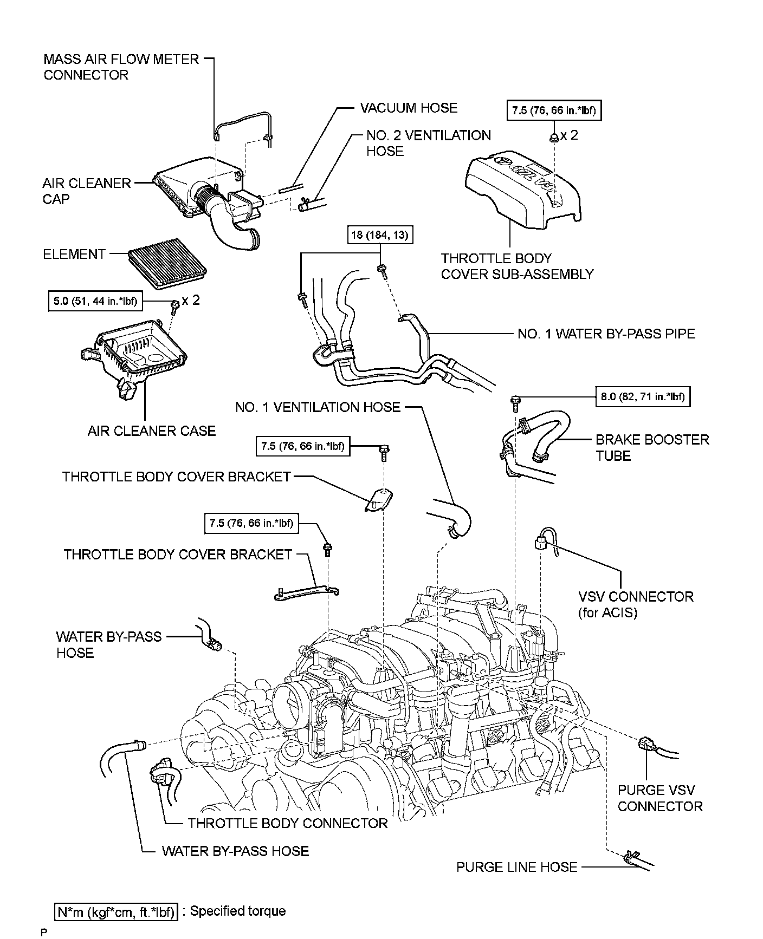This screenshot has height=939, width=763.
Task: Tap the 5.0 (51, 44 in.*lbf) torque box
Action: tap(95, 301)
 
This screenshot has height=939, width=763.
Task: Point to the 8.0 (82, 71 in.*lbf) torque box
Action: tap(642, 397)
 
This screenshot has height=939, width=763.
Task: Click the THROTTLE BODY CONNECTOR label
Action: tap(287, 824)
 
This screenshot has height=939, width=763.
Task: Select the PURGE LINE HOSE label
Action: tap(516, 867)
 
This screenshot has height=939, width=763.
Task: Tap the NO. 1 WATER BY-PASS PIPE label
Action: tap(606, 334)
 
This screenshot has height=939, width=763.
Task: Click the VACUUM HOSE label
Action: tap(409, 108)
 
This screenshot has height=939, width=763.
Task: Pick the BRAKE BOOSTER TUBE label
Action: tap(652, 447)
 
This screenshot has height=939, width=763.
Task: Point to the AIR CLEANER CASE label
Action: tap(152, 431)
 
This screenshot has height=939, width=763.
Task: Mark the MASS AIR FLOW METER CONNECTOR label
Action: tap(121, 67)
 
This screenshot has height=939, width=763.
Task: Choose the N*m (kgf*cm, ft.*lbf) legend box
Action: tap(117, 912)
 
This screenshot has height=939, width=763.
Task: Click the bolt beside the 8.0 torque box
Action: tap(514, 401)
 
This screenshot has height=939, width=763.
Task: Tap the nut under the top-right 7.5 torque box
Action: tap(554, 136)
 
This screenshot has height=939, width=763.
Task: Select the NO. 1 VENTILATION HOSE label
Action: tap(318, 407)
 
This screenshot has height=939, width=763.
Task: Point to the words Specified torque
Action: tap(237, 911)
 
